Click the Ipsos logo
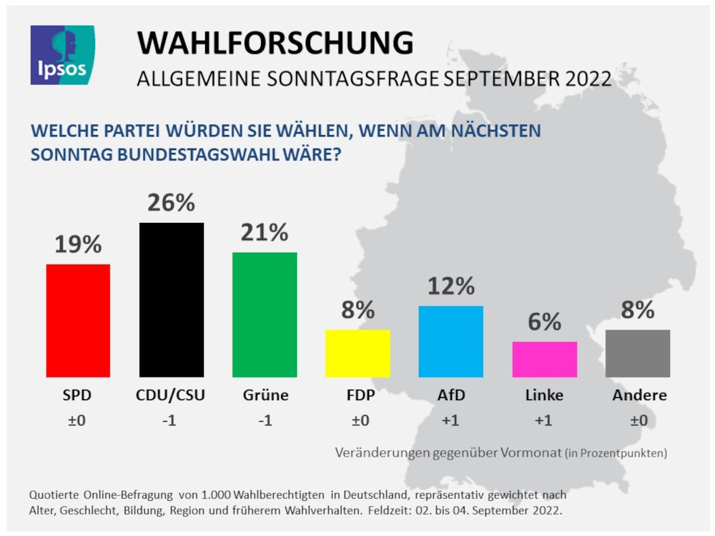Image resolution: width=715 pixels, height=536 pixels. pyautogui.click(x=62, y=55)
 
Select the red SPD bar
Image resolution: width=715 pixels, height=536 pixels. pyautogui.click(x=78, y=320)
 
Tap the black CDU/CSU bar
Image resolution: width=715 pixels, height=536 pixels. pyautogui.click(x=171, y=299)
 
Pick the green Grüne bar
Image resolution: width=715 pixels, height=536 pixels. pyautogui.click(x=265, y=314)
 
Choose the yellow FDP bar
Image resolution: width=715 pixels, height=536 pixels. pyautogui.click(x=357, y=353)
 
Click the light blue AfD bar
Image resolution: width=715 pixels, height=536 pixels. pyautogui.click(x=450, y=341)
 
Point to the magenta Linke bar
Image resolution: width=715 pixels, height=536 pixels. pyautogui.click(x=544, y=359)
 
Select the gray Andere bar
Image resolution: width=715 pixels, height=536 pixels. pyautogui.click(x=637, y=353)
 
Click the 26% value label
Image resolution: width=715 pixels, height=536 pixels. pyautogui.click(x=171, y=203)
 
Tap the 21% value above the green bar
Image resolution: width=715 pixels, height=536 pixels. pyautogui.click(x=265, y=232)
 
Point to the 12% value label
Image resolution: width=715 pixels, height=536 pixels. pyautogui.click(x=450, y=287)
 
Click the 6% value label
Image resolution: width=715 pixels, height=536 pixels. pyautogui.click(x=544, y=322)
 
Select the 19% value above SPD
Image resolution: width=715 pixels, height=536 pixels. pyautogui.click(x=78, y=245)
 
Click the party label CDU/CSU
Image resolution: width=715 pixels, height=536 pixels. pyautogui.click(x=170, y=395)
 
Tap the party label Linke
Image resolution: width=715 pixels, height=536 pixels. pyautogui.click(x=544, y=395)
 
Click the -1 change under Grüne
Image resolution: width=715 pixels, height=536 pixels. pyautogui.click(x=264, y=421)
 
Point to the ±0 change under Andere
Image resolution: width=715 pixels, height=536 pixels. pyautogui.click(x=638, y=421)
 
